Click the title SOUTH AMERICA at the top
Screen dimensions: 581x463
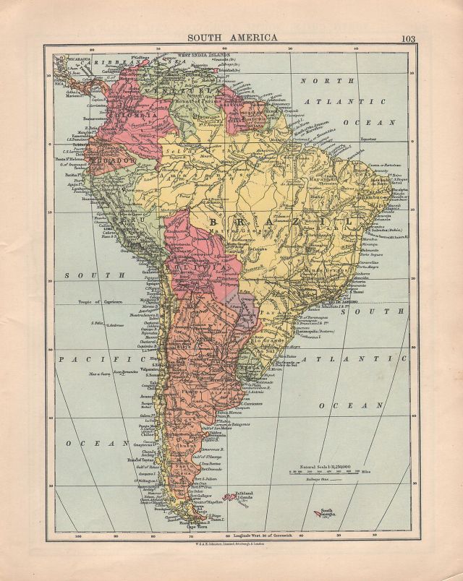coord(232,38)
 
